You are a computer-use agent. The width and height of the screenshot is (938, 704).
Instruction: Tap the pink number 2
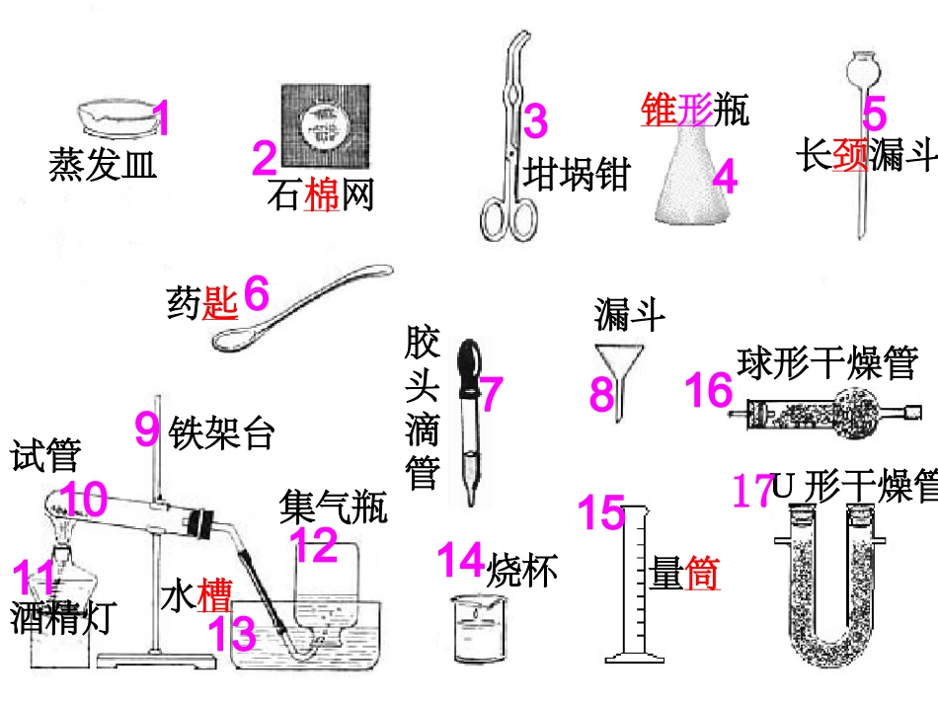tap(265, 159)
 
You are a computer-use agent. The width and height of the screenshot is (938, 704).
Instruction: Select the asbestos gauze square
tap(326, 124)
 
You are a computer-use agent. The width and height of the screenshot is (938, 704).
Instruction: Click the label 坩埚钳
tap(577, 174)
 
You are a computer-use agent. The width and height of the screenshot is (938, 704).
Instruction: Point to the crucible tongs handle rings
tap(508, 217)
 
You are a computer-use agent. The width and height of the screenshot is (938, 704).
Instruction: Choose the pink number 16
tap(709, 390)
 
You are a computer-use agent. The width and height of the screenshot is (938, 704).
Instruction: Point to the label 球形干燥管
tap(827, 362)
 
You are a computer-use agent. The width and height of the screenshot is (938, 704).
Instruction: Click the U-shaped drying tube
tap(834, 573)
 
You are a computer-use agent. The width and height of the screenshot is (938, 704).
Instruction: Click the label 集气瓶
tap(334, 508)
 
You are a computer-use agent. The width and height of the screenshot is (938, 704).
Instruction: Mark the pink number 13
tap(231, 634)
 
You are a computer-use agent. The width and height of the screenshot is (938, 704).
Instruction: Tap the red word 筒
tap(702, 574)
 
